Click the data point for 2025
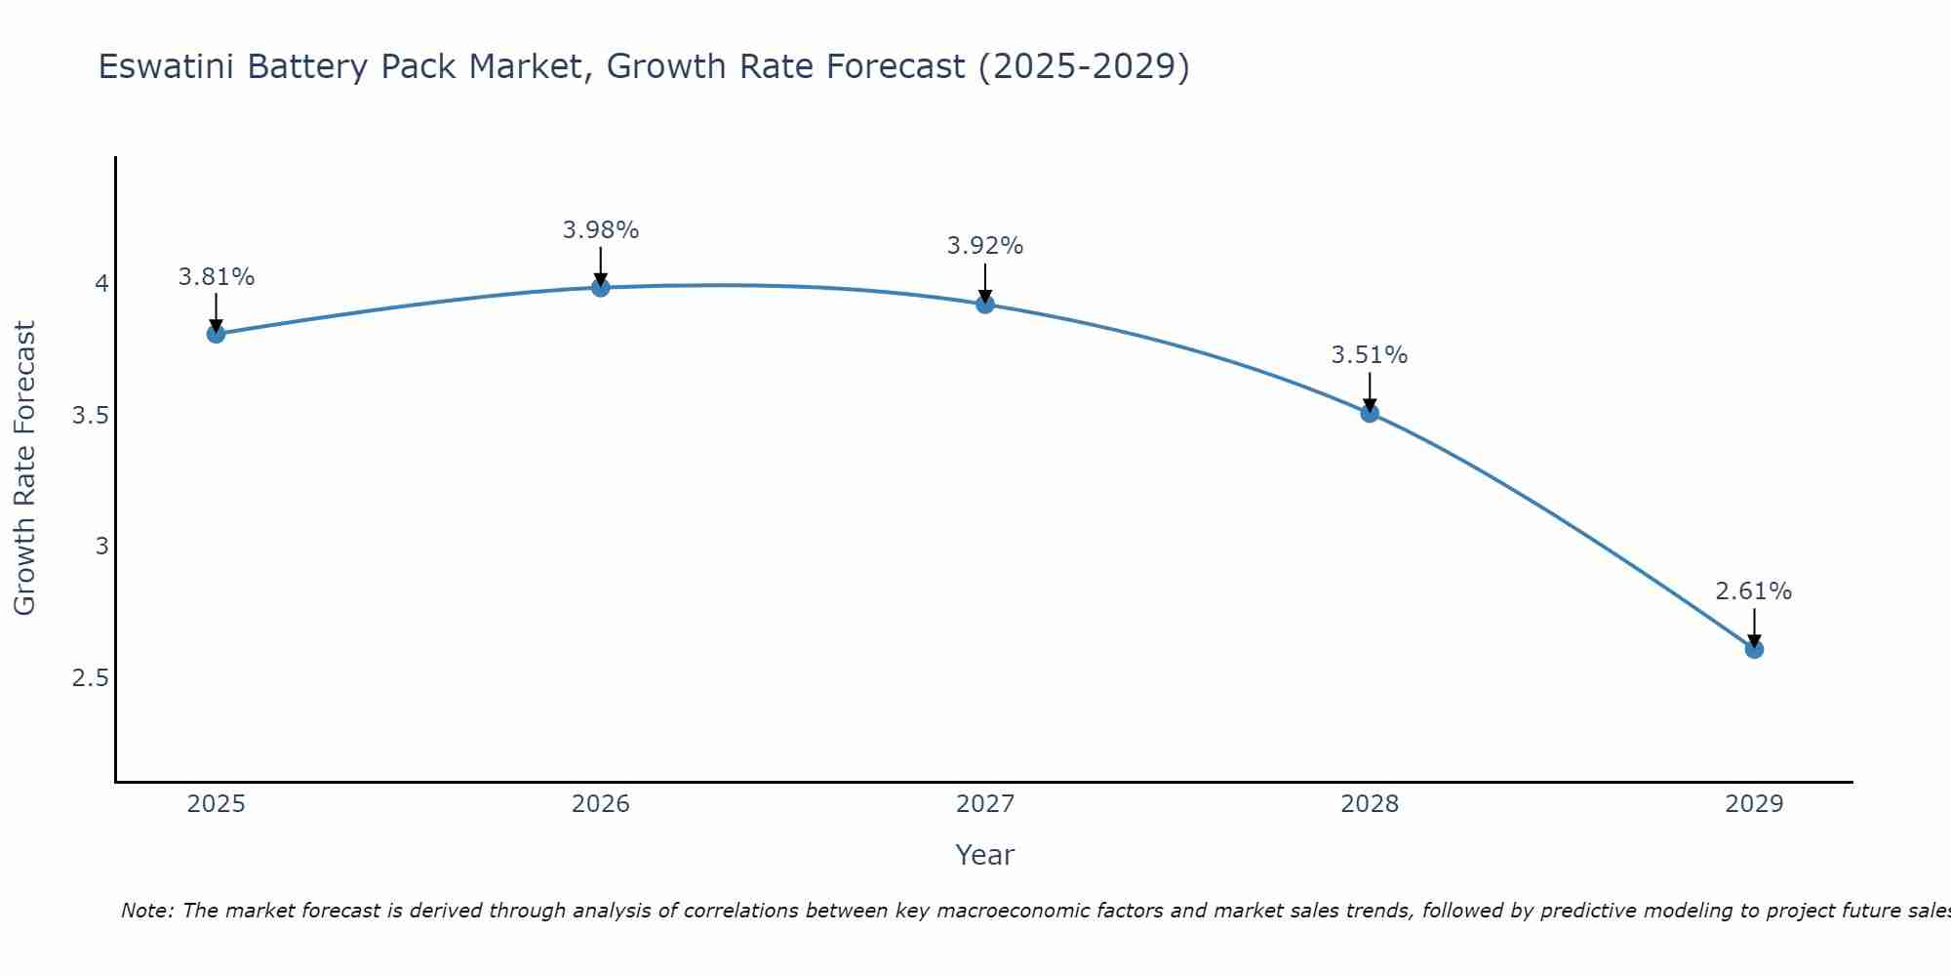click(216, 334)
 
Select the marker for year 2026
click(601, 287)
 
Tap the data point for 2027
click(985, 305)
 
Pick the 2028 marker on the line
click(1370, 413)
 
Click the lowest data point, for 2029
click(1754, 649)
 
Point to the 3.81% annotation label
click(216, 277)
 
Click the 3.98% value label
click(601, 230)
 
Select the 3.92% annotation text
click(985, 246)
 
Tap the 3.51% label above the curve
click(1370, 355)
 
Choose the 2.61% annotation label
click(1754, 591)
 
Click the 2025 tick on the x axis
click(216, 804)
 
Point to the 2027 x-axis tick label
click(985, 804)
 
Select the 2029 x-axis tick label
click(1754, 804)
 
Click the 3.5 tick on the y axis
click(91, 416)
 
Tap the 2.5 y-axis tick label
click(91, 678)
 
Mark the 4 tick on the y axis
click(101, 284)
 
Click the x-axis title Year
click(985, 855)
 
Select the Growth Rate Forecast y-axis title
click(25, 468)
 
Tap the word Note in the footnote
click(144, 911)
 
